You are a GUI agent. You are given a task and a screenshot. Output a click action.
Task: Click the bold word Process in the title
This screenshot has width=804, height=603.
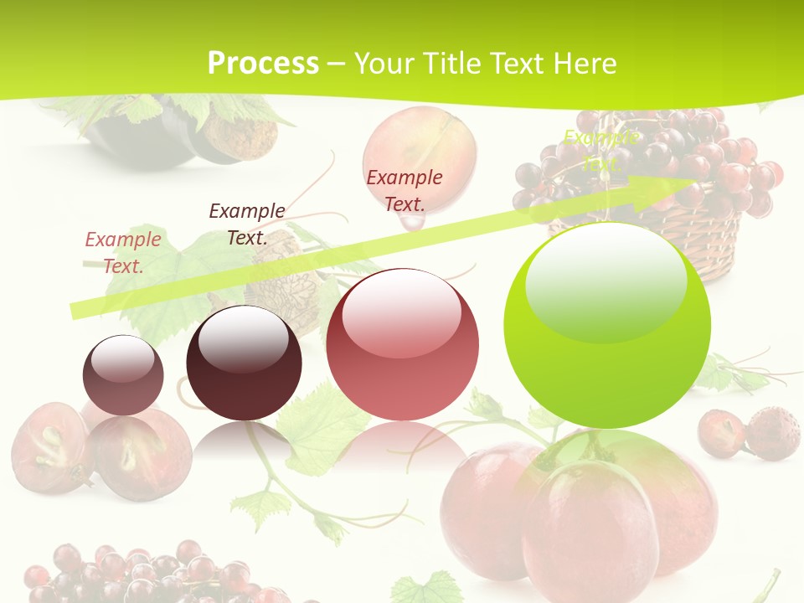coord(263,64)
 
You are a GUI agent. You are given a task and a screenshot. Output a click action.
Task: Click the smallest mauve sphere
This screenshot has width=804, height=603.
coord(123,375)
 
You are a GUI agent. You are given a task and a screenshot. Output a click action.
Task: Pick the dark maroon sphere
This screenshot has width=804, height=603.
coord(244,363)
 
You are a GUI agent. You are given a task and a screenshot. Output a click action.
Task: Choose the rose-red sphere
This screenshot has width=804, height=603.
coord(403,345)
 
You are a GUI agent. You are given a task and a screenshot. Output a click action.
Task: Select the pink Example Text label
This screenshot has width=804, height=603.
coord(122,252)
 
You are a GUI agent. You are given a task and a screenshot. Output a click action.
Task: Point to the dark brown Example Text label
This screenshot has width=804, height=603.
coord(246,224)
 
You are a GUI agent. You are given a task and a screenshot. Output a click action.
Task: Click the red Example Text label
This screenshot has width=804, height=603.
coord(405,190)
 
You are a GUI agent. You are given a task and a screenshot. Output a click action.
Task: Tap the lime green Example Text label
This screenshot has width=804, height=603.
coord(600,150)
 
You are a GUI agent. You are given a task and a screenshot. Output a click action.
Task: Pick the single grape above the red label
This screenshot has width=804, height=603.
coord(420,142)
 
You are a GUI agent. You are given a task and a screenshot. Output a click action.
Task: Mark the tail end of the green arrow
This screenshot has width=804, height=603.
coord(77,309)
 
